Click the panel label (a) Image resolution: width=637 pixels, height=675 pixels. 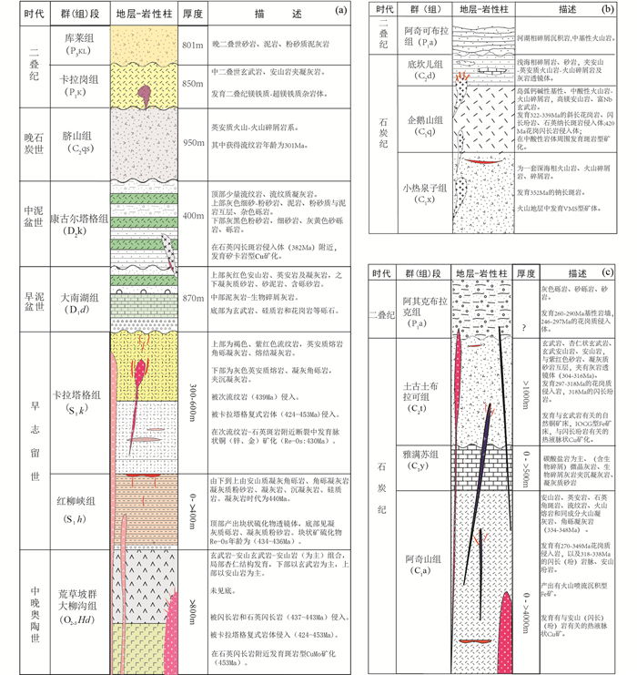(x=342, y=12)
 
